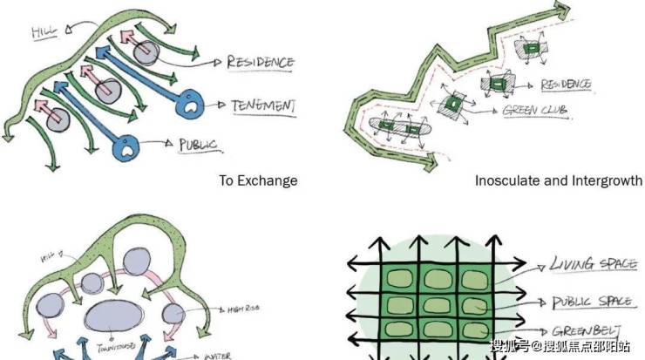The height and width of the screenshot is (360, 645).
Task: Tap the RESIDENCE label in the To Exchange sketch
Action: pos(260,63)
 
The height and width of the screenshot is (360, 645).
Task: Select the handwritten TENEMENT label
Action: pos(263,105)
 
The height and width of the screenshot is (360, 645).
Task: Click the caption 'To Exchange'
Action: pos(258,180)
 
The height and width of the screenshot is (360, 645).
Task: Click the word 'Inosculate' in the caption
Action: pos(506,180)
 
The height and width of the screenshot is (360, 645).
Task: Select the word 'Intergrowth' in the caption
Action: pos(607,180)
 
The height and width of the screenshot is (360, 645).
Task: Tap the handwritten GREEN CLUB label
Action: pos(531,111)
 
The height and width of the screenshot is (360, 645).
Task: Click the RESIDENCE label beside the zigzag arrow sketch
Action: pos(566,85)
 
